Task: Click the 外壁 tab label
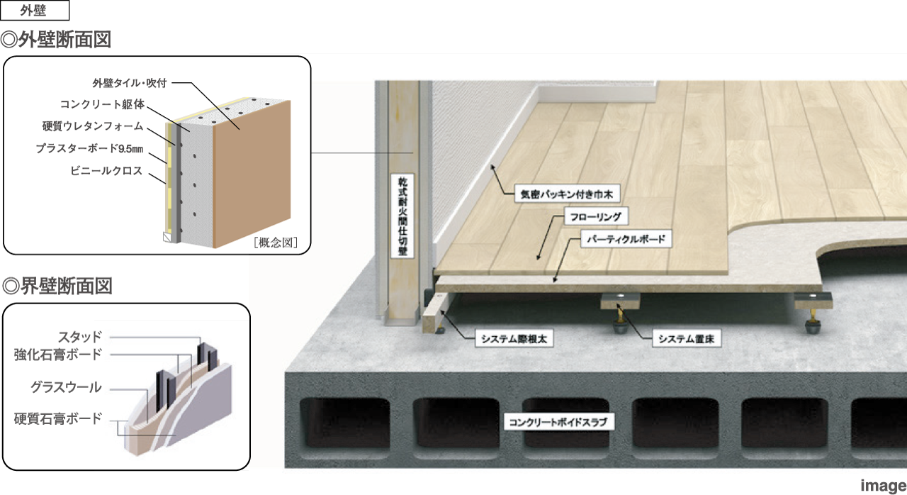(35, 11)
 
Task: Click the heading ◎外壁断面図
(57, 39)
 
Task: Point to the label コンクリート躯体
(102, 104)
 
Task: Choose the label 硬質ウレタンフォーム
(93, 127)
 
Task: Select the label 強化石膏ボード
(58, 353)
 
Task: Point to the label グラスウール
(66, 387)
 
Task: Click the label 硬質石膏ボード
(58, 418)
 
